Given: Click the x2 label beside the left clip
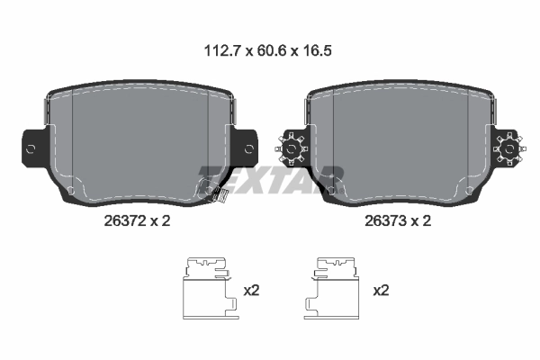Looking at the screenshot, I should pyautogui.click(x=253, y=290).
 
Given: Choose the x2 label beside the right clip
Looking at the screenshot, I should pyautogui.click(x=381, y=290).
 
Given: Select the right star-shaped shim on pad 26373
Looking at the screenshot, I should pyautogui.click(x=509, y=147).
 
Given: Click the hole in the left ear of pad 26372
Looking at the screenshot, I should pyautogui.click(x=32, y=148).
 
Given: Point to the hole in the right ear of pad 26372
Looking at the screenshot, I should pyautogui.click(x=248, y=148).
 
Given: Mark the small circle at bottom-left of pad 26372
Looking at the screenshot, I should pyautogui.click(x=70, y=191).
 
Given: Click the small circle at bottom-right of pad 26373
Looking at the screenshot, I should pyautogui.click(x=466, y=191).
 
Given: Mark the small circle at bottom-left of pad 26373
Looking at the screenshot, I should pyautogui.click(x=335, y=191).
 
